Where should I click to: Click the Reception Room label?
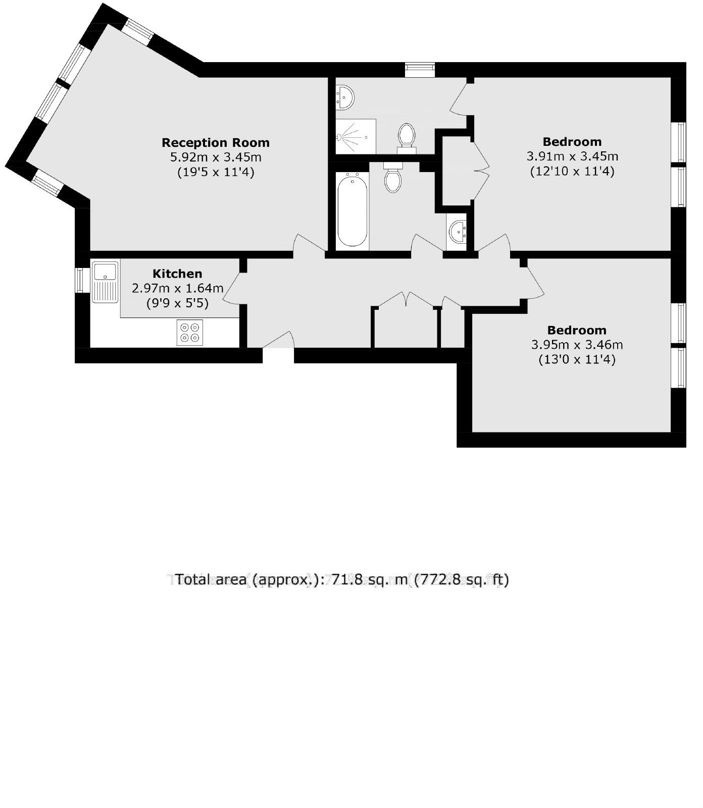click(216, 143)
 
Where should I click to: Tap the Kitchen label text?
click(177, 274)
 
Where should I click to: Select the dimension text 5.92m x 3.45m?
click(216, 157)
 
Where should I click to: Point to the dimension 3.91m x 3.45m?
click(572, 156)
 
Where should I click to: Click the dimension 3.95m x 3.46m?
click(577, 345)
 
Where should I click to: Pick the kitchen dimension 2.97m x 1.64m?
click(177, 289)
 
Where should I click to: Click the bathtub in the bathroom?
click(352, 209)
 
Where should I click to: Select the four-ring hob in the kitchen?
click(190, 333)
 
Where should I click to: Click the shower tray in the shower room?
click(356, 136)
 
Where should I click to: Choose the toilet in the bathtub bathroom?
click(392, 178)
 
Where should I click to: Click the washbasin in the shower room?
click(345, 96)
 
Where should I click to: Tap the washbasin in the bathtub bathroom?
click(458, 232)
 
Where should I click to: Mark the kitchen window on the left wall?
click(80, 280)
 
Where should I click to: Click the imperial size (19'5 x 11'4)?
click(216, 172)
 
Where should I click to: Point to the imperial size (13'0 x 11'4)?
click(577, 360)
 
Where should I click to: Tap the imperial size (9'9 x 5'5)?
click(177, 303)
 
